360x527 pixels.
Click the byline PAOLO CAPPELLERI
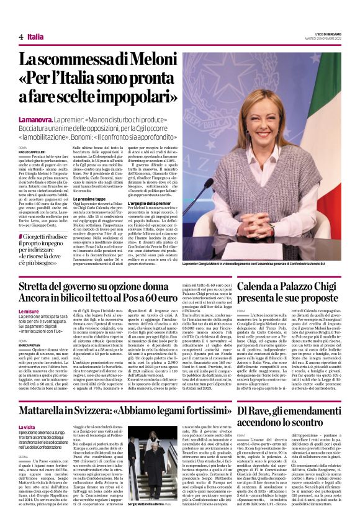point(33,151)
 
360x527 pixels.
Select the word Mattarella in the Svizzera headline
point(45,394)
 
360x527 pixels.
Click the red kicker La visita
point(27,411)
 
